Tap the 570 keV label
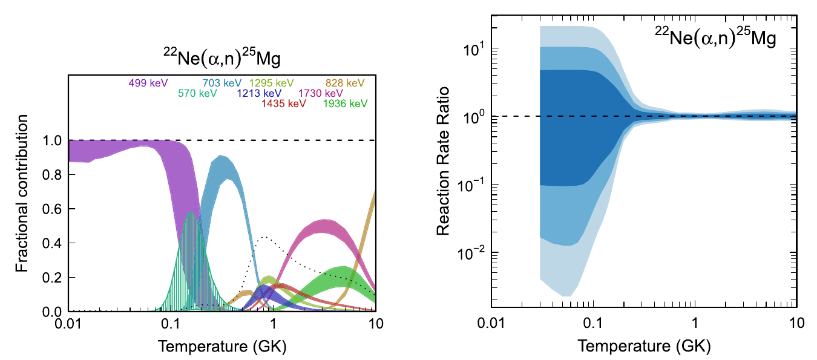pyautogui.click(x=197, y=93)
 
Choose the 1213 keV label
pyautogui.click(x=260, y=93)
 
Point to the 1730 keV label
pyautogui.click(x=321, y=93)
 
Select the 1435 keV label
pyautogui.click(x=284, y=103)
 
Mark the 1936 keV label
pyautogui.click(x=346, y=103)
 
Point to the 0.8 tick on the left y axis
pyautogui.click(x=53, y=175)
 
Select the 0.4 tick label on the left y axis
pyautogui.click(x=53, y=243)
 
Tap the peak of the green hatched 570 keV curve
pyautogui.click(x=191, y=213)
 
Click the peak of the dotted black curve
pyautogui.click(x=264, y=237)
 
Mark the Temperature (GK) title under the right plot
pyautogui.click(x=644, y=347)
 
